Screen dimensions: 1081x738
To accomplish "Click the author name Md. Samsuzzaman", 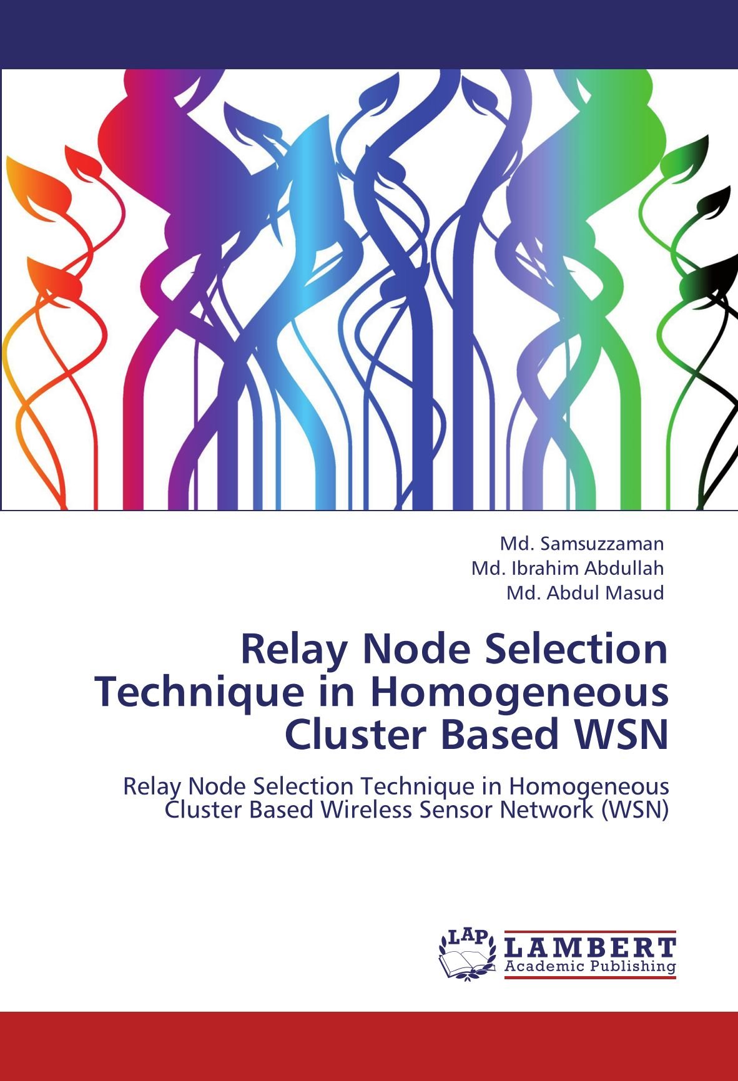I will tap(582, 544).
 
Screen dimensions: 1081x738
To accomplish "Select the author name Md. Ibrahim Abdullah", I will tap(568, 568).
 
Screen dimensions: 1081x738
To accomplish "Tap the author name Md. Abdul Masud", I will tap(585, 592).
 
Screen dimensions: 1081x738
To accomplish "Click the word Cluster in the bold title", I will tap(357, 735).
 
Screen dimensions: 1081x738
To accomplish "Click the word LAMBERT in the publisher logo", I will tap(589, 947).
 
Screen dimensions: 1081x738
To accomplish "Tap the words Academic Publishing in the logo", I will tap(589, 967).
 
